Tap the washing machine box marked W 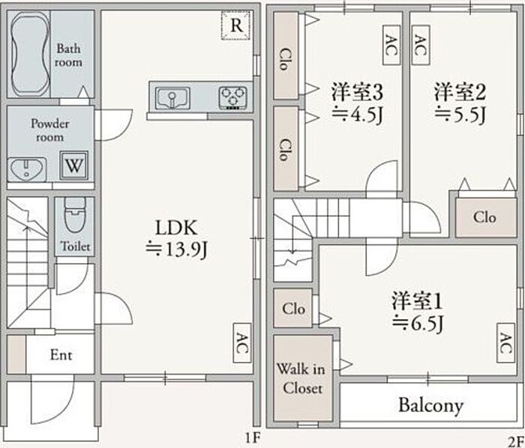pyautogui.click(x=74, y=165)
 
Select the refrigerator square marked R pyautogui.click(x=236, y=25)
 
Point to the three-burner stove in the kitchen pyautogui.click(x=233, y=98)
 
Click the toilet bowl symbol pyautogui.click(x=75, y=215)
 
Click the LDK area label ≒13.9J pyautogui.click(x=176, y=249)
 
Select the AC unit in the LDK pyautogui.click(x=242, y=343)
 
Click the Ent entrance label pyautogui.click(x=61, y=354)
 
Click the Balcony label pyautogui.click(x=431, y=405)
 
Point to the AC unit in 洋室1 pyautogui.click(x=505, y=343)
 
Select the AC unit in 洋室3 pyautogui.click(x=391, y=45)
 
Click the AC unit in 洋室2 pyautogui.click(x=421, y=45)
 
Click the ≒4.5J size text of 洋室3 pyautogui.click(x=357, y=115)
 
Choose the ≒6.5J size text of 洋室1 pyautogui.click(x=418, y=323)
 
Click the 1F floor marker pyautogui.click(x=252, y=438)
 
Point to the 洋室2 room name pyautogui.click(x=460, y=92)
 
